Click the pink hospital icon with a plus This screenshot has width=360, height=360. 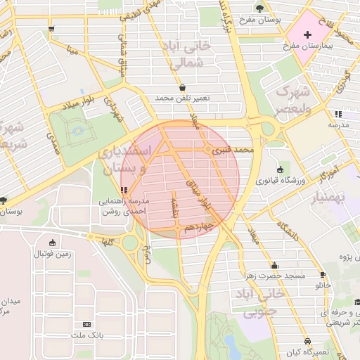click(x=307, y=34)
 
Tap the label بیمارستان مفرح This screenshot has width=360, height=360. click(x=307, y=46)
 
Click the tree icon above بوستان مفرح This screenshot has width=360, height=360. click(x=260, y=8)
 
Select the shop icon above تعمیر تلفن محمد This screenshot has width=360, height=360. click(x=183, y=87)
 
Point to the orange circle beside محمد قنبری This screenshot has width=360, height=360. click(x=208, y=150)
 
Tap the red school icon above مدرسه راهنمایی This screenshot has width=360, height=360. click(x=124, y=190)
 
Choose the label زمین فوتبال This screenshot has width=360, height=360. click(x=53, y=253)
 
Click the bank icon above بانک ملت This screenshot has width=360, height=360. click(x=87, y=324)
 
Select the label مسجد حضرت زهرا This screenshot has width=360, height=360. click(x=274, y=276)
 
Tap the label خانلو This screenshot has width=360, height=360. click(x=323, y=285)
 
